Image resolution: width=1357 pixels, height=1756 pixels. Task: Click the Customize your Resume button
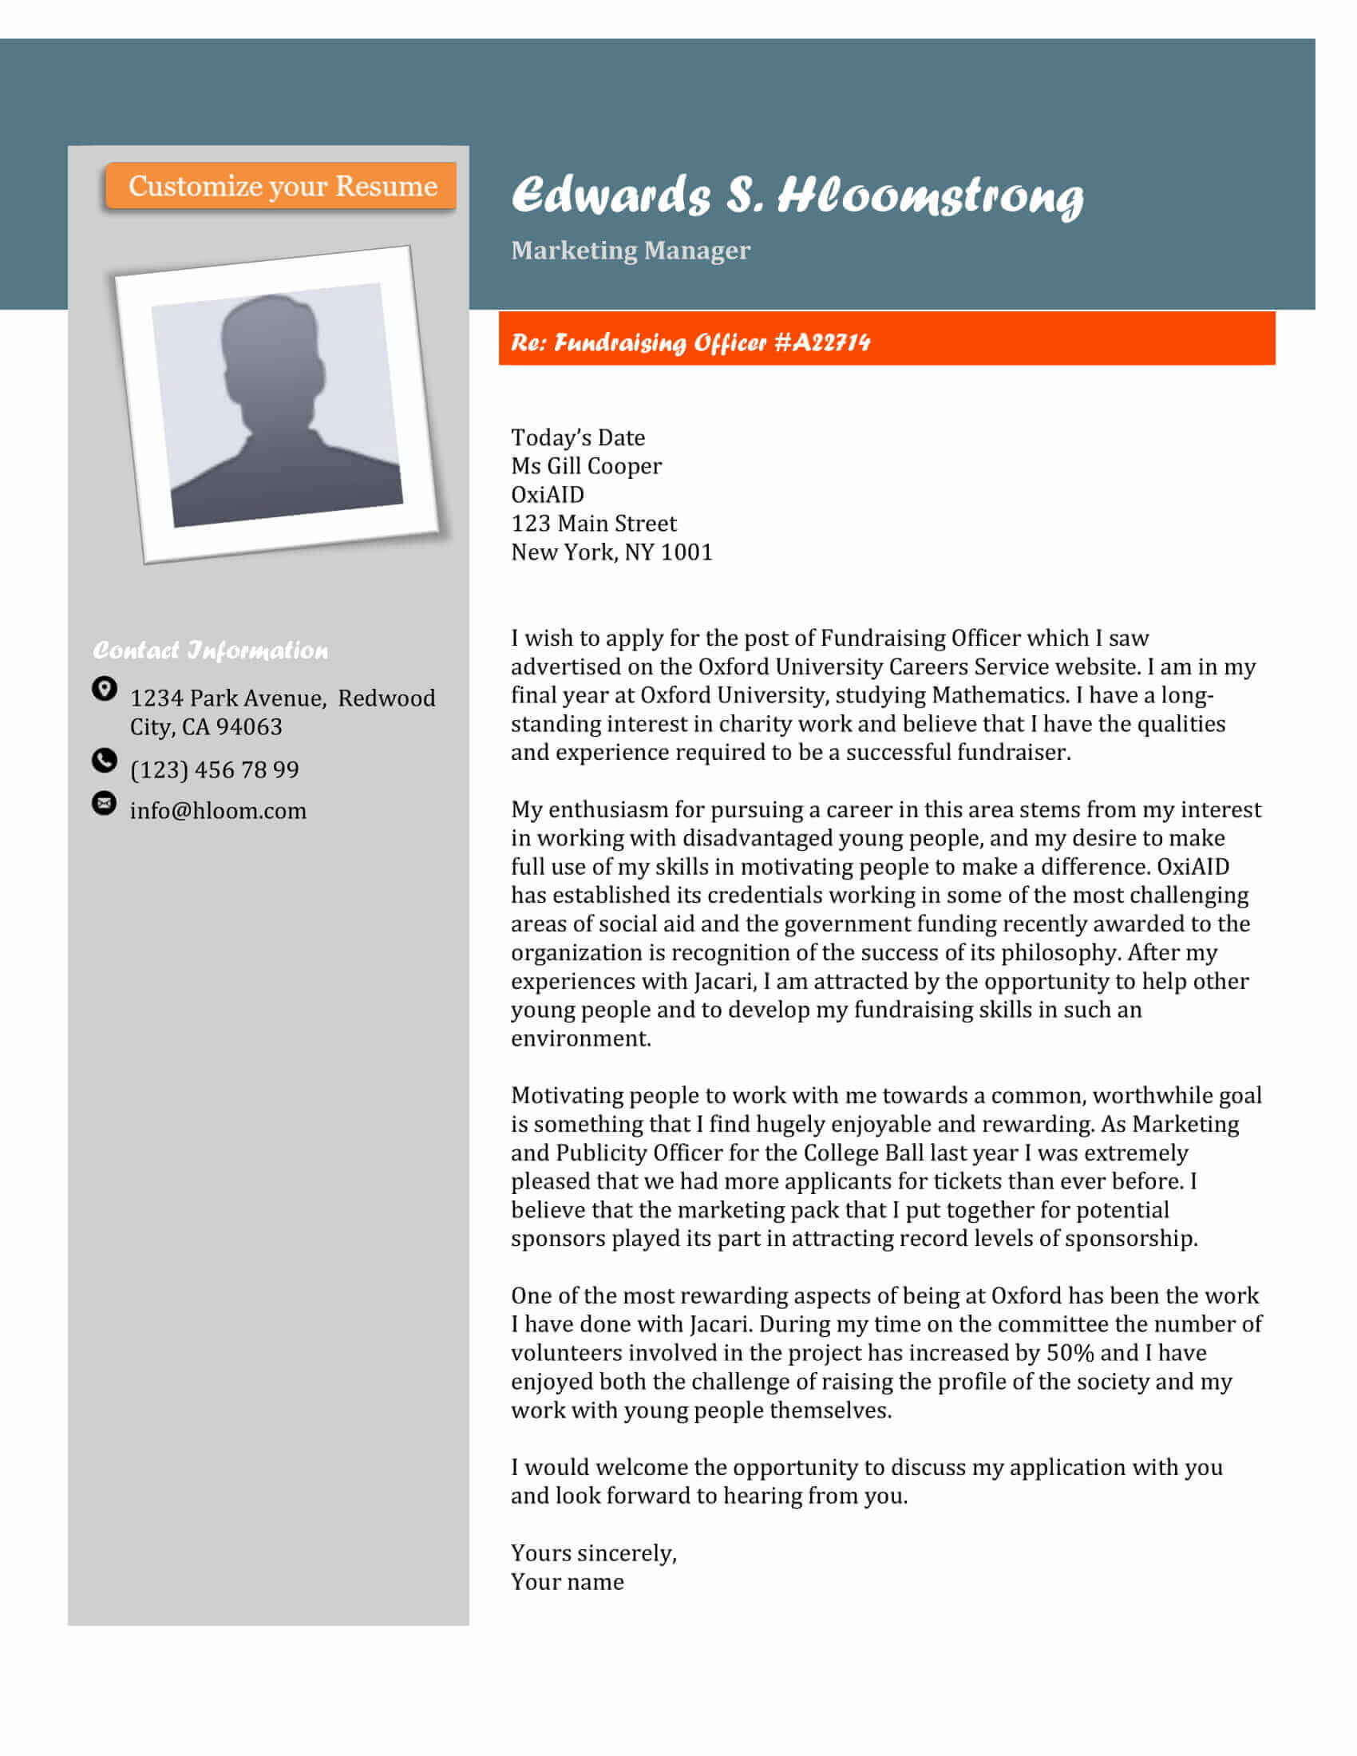281,186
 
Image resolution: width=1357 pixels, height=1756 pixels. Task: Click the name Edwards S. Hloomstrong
797,196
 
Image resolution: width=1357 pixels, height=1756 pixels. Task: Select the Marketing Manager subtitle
631,250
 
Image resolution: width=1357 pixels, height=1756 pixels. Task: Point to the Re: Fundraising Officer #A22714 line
690,342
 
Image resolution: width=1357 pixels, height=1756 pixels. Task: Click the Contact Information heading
211,650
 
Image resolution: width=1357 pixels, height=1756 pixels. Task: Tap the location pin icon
105,688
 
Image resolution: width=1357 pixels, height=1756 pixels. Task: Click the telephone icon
105,760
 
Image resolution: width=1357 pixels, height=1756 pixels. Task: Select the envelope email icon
105,802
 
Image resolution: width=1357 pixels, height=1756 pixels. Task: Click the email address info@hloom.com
218,810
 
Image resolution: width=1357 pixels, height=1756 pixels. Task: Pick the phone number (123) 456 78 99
215,769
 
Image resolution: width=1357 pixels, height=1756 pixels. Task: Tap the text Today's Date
578,437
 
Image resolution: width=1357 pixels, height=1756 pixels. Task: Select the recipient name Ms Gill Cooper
586,466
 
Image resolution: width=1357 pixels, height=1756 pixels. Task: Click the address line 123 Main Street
593,524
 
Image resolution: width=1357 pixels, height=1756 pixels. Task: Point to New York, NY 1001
611,552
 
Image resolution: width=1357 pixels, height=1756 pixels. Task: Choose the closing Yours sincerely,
594,1553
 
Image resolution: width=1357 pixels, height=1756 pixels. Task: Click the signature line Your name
568,1582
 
